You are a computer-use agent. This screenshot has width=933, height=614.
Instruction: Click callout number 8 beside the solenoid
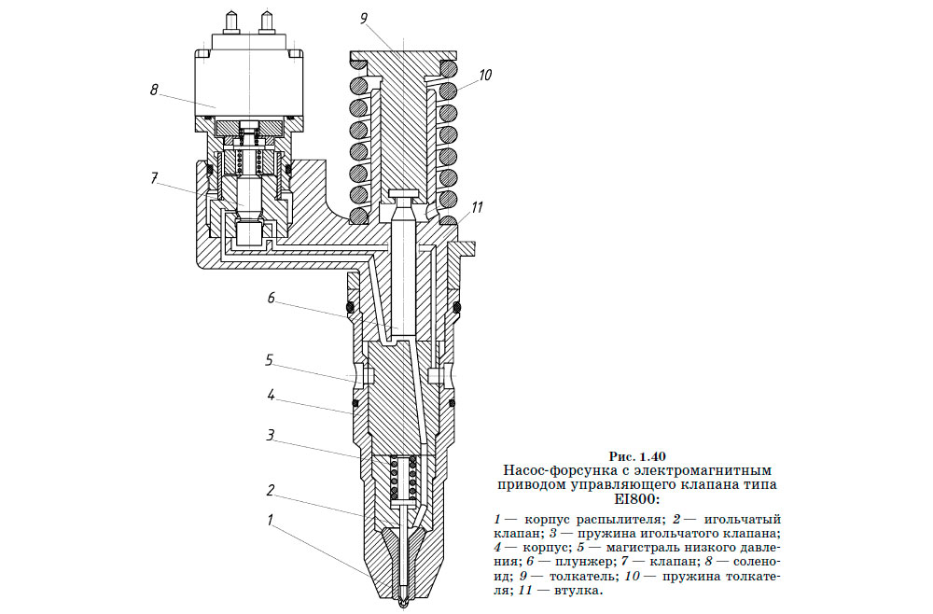click(x=154, y=91)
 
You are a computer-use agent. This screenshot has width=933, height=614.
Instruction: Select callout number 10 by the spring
click(x=486, y=75)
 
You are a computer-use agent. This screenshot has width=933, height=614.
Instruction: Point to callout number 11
click(x=477, y=207)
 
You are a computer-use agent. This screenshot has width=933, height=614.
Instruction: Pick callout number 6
click(x=271, y=300)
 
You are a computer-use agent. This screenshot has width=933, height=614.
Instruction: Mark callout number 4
click(x=271, y=396)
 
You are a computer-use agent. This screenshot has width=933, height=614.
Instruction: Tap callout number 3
click(x=270, y=435)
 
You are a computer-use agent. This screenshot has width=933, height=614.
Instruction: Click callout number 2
click(x=270, y=489)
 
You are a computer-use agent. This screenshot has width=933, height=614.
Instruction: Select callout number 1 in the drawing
click(x=270, y=521)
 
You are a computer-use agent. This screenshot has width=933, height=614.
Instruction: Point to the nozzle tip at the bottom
click(x=402, y=602)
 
